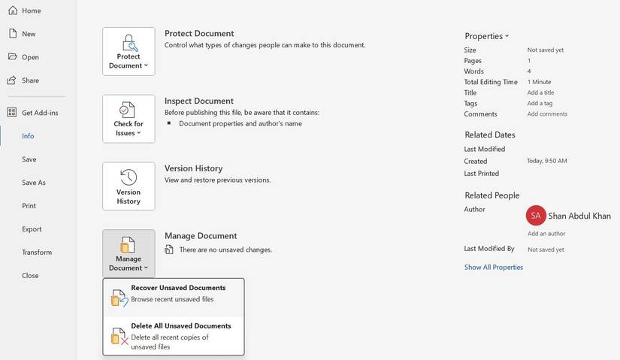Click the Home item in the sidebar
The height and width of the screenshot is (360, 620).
[31, 11]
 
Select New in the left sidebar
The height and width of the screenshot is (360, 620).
[29, 34]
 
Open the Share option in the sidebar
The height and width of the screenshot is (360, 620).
[30, 80]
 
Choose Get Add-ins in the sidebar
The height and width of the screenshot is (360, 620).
[39, 113]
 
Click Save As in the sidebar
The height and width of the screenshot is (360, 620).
[33, 183]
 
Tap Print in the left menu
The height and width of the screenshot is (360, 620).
[29, 206]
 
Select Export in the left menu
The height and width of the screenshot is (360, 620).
[32, 229]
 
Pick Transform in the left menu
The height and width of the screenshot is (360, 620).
[36, 253]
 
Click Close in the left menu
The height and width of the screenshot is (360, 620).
[30, 276]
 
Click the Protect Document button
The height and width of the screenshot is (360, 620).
[129, 51]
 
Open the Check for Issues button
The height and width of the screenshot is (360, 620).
[129, 119]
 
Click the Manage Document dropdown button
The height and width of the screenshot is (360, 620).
[129, 253]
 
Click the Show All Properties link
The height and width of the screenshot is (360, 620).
[493, 268]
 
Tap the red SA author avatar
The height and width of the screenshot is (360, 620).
[536, 216]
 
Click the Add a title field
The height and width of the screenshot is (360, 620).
[540, 92]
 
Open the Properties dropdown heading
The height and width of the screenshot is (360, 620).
[486, 36]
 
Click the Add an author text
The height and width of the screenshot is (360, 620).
[546, 234]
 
